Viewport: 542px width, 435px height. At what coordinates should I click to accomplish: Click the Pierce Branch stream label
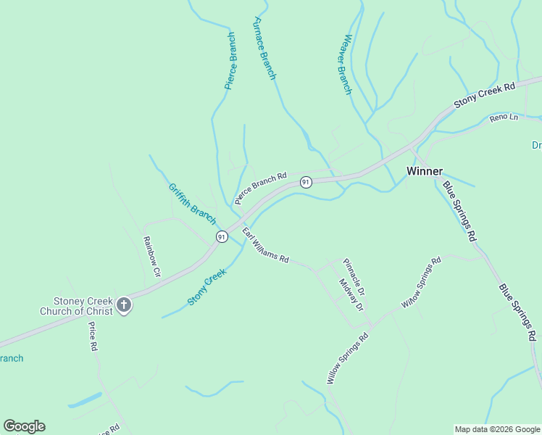pyautogui.click(x=230, y=61)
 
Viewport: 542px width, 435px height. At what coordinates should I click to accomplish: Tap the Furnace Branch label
pyautogui.click(x=264, y=48)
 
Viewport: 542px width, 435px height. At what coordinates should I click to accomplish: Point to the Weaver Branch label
pyautogui.click(x=348, y=65)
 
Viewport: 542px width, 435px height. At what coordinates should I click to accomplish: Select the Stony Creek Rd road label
pyautogui.click(x=484, y=95)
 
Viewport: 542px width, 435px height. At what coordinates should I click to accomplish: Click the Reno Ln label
pyautogui.click(x=504, y=117)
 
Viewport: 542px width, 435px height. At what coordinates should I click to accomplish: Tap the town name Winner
pyautogui.click(x=425, y=171)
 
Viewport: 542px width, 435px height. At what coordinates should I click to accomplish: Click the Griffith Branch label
pyautogui.click(x=192, y=203)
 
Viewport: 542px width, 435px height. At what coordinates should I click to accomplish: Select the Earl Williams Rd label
pyautogui.click(x=266, y=246)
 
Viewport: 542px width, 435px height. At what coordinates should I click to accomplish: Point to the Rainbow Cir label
pyautogui.click(x=151, y=257)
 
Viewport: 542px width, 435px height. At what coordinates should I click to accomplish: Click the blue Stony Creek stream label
pyautogui.click(x=207, y=286)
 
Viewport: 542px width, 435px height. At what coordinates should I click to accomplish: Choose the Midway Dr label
pyautogui.click(x=351, y=295)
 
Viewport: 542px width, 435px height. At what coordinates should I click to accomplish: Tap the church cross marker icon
pyautogui.click(x=124, y=305)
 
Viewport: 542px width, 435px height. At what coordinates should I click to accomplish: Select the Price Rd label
pyautogui.click(x=93, y=336)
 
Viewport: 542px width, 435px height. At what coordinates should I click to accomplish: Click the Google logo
pyautogui.click(x=24, y=426)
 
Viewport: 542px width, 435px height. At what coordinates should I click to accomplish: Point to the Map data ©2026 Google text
pyautogui.click(x=497, y=429)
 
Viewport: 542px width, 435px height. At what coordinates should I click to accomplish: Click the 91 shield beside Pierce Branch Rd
pyautogui.click(x=306, y=182)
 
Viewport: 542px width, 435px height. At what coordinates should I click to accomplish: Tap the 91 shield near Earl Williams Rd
pyautogui.click(x=222, y=236)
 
